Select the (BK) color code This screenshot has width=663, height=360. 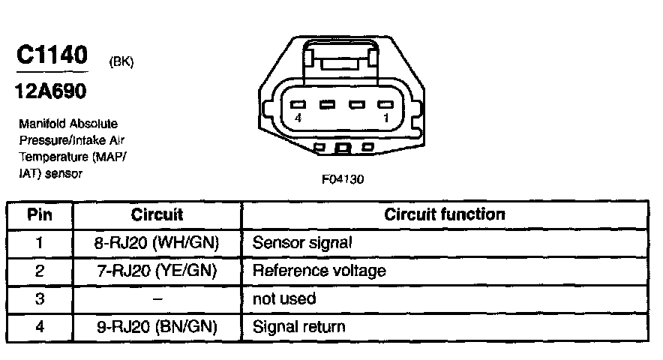coord(121,62)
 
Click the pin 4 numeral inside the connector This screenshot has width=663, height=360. coord(298,119)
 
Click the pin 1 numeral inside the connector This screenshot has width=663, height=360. coord(385,119)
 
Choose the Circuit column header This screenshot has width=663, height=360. coord(157,214)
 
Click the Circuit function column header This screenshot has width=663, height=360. coord(445,214)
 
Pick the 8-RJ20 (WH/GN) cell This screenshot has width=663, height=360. coord(157,243)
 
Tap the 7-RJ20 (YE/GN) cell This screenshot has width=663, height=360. coord(157,271)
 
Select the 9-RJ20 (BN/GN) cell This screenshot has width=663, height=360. coord(157,326)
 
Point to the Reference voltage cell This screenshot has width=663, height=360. coord(319,271)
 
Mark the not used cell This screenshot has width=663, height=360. coord(284,298)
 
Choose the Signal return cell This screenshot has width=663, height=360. coord(299,326)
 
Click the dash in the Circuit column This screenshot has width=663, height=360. coord(157,298)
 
